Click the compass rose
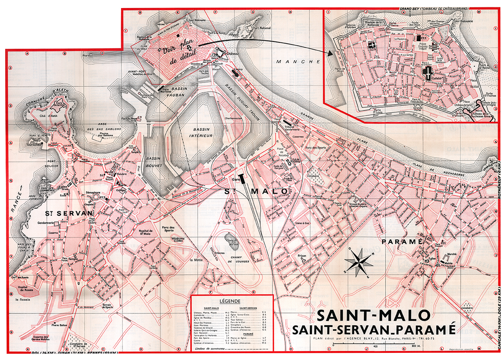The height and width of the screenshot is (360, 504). (x=358, y=261)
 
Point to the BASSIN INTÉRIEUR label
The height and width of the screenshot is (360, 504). (x=196, y=132)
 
